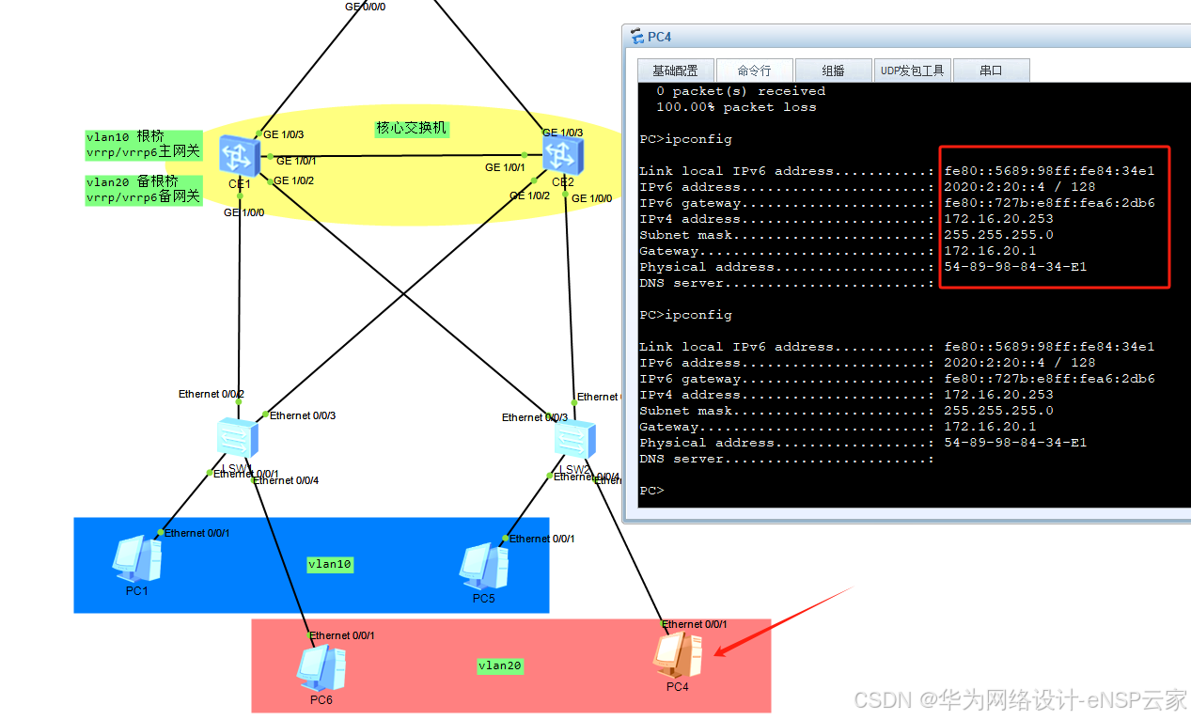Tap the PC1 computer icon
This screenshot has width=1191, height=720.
136,558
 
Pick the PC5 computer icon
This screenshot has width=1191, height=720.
483,566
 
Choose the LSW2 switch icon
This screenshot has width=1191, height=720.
573,439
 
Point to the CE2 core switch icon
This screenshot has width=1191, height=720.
561,153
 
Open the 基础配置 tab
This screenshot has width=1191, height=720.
675,70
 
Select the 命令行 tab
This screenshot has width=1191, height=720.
754,70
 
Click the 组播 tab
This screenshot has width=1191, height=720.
833,70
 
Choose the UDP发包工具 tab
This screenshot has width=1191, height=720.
912,70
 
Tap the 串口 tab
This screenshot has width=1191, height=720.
991,70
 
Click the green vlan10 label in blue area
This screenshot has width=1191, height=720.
329,564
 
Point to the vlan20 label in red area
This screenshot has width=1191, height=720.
500,665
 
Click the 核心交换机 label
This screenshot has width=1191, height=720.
411,128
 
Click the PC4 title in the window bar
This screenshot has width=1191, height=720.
659,38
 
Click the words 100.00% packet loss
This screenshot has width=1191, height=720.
736,107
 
